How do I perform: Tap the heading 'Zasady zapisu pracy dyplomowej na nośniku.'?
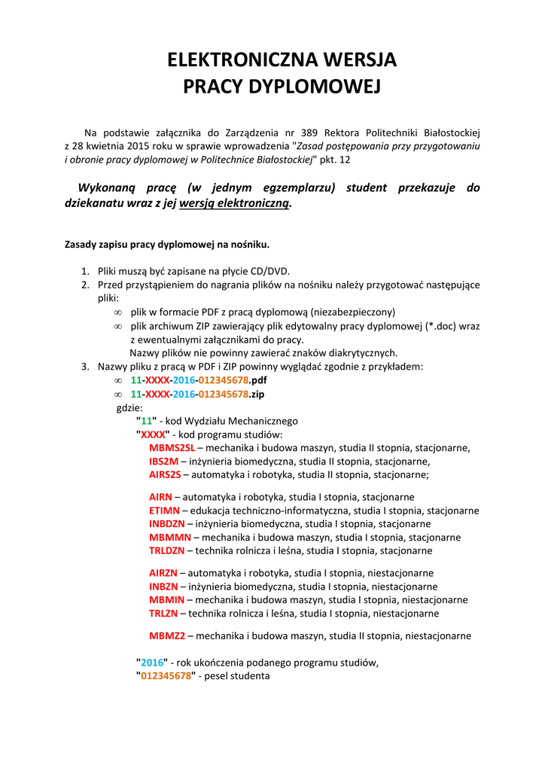pyautogui.click(x=167, y=245)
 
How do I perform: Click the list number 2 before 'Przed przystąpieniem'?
pyautogui.click(x=85, y=285)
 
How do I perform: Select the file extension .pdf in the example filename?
pyautogui.click(x=258, y=380)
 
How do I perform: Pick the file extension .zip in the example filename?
pyautogui.click(x=257, y=394)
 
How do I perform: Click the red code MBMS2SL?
pyautogui.click(x=172, y=448)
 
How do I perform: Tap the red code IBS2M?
pyautogui.click(x=163, y=462)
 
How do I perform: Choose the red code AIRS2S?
pyautogui.click(x=165, y=475)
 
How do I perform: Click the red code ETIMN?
pyautogui.click(x=164, y=510)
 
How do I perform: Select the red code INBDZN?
pyautogui.click(x=166, y=524)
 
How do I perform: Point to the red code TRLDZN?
pyautogui.click(x=166, y=551)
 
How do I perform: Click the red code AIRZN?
pyautogui.click(x=163, y=573)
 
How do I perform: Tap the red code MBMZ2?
pyautogui.click(x=167, y=635)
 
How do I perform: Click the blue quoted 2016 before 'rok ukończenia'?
pyautogui.click(x=152, y=663)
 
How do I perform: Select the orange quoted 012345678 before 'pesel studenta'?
pyautogui.click(x=166, y=676)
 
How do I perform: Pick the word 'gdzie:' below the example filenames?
pyautogui.click(x=129, y=407)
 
